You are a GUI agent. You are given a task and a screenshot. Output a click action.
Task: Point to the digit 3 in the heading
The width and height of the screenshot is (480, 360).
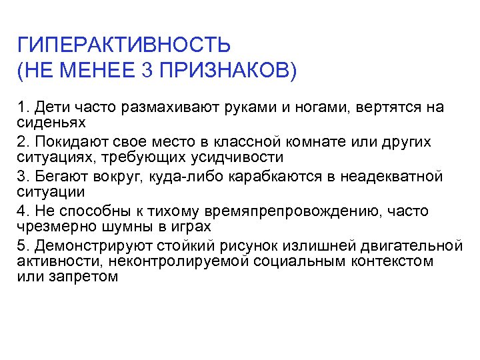pyautogui.click(x=147, y=69)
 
